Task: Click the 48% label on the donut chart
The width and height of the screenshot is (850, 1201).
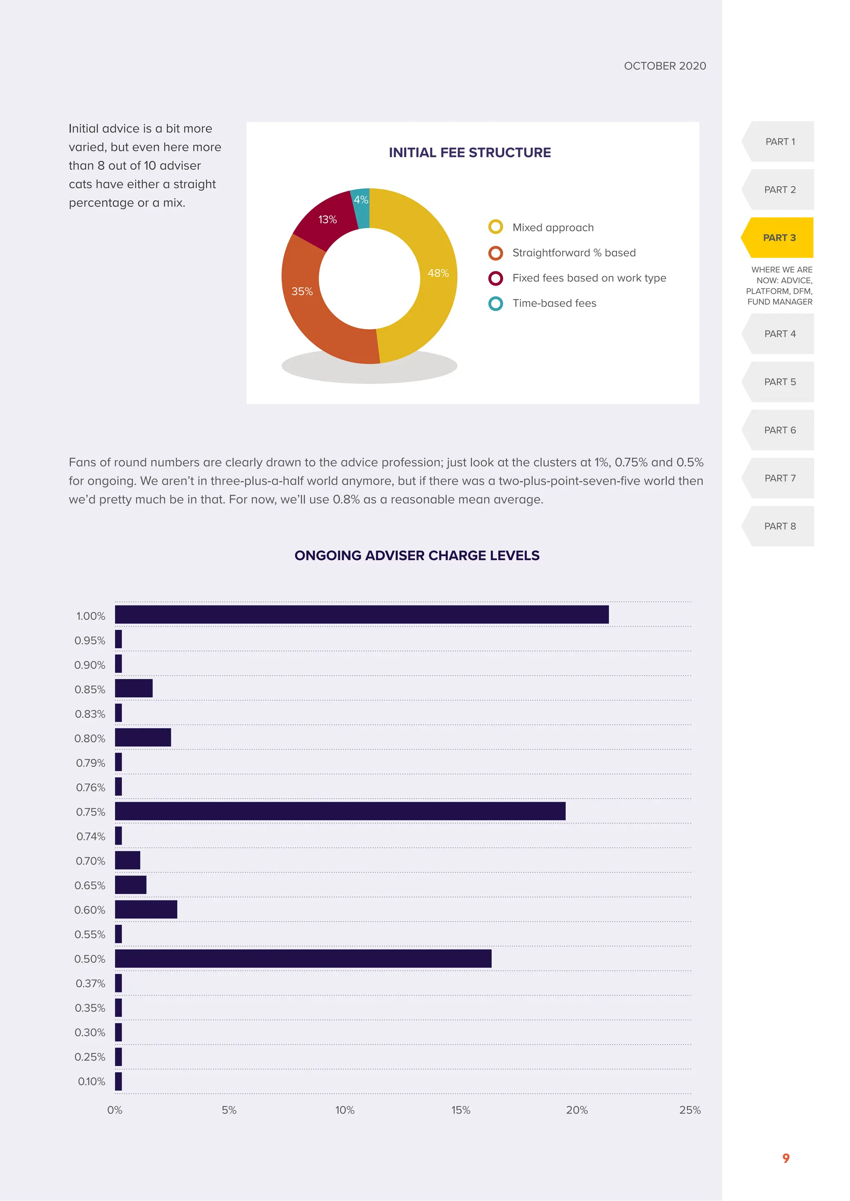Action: [x=438, y=273]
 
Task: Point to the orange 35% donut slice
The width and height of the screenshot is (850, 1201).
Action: [x=309, y=309]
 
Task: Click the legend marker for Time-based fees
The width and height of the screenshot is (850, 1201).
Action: [x=495, y=304]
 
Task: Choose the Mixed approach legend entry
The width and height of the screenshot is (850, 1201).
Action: [x=553, y=228]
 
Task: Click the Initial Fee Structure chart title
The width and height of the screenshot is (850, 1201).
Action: [x=469, y=153]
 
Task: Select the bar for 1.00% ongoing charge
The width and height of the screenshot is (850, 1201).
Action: [x=361, y=615]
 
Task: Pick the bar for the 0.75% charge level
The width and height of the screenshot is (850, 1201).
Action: [x=340, y=811]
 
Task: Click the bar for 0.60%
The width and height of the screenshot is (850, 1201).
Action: [x=146, y=909]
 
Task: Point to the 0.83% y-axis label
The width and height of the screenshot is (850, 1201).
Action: [x=90, y=714]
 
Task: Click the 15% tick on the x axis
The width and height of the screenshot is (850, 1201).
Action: [x=461, y=1110]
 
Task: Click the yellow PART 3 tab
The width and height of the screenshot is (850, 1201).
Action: [x=779, y=238]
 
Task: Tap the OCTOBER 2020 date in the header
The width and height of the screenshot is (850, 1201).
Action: [x=665, y=66]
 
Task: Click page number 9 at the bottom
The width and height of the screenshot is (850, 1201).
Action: [x=786, y=1158]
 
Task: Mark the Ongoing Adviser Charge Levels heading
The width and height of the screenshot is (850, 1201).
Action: [x=417, y=556]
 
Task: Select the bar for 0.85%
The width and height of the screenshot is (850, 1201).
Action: [x=134, y=688]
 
